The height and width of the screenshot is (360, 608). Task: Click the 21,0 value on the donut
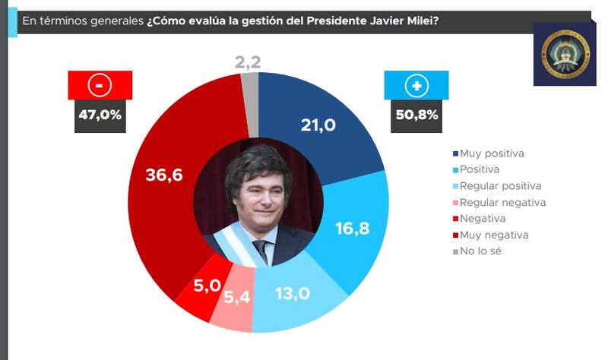point(318,125)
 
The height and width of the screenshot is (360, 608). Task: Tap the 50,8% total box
point(416,116)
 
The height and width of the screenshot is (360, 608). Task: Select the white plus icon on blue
point(416,86)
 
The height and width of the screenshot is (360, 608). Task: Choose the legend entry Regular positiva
point(501,186)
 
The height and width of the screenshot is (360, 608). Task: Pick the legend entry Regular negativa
point(502,202)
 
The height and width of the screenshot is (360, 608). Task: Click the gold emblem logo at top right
point(564,53)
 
